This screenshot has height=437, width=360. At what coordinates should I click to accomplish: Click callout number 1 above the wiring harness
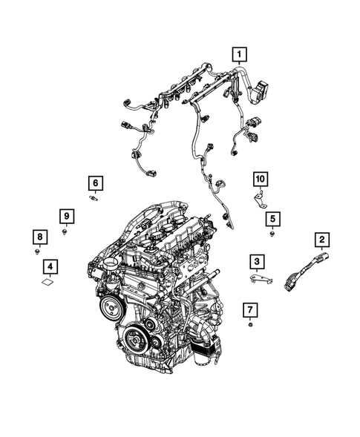click(x=239, y=53)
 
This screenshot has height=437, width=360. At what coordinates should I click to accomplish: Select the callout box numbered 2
click(x=321, y=239)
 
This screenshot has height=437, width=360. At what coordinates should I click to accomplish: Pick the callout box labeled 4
click(x=50, y=266)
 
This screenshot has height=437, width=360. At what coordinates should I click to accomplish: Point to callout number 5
click(x=272, y=218)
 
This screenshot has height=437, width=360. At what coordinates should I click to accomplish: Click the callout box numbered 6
click(x=94, y=183)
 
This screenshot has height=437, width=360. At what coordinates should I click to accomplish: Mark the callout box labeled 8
click(x=37, y=237)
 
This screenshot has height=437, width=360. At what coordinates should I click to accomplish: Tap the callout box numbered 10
click(x=259, y=178)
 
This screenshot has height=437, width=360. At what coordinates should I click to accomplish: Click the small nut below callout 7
click(x=250, y=324)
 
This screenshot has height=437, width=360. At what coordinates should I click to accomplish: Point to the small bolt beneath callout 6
click(x=95, y=198)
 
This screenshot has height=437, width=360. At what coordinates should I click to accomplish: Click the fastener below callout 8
click(x=37, y=252)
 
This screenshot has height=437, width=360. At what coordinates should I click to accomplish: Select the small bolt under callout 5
click(x=272, y=234)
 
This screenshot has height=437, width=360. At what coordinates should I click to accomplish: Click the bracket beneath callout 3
click(x=258, y=277)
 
